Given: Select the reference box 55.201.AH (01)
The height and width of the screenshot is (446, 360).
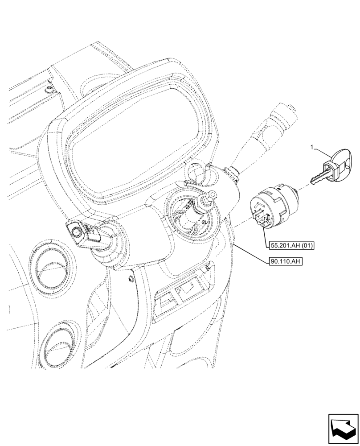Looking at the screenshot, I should pos(291,245).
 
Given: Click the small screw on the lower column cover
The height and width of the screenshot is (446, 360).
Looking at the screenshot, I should pos(130,279).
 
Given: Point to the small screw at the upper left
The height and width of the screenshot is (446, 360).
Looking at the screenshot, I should pos(48,89).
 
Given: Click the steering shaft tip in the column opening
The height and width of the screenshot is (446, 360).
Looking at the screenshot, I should pos(211,194).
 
